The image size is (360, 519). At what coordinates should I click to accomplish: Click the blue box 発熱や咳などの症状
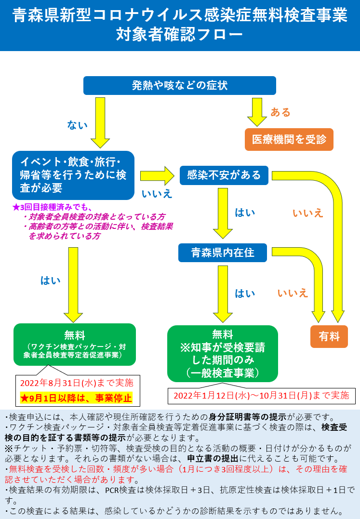coord(180,85)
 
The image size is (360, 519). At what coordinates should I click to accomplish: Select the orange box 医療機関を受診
coord(289,139)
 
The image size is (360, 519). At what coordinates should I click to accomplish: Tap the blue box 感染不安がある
coord(224,175)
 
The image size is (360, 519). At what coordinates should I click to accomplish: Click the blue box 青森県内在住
coord(223,253)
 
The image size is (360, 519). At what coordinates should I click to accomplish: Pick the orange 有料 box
coord(329,337)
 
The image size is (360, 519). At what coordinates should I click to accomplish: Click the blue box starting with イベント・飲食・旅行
coord(73,175)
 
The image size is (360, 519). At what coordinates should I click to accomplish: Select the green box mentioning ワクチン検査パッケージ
coord(75,345)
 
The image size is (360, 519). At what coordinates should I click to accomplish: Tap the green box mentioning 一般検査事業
coord(223,354)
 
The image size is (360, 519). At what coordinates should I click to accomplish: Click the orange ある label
coord(280,112)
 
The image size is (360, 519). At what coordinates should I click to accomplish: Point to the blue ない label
coord(78,125)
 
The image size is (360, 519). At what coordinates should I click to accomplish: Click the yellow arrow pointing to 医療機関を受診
coord(257,112)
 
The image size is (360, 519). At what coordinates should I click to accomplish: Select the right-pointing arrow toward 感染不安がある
coord(157,176)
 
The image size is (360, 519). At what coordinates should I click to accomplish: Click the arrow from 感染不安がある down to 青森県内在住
coord(223,213)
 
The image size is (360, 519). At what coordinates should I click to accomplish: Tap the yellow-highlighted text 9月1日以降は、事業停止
coord(76,398)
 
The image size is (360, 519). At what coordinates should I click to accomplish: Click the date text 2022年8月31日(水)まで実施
coord(77,383)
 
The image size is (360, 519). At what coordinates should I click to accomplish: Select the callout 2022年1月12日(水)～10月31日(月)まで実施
coord(261,396)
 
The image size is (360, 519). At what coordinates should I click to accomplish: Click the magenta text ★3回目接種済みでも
coord(53,207)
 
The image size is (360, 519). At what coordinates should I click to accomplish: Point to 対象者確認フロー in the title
coord(179,34)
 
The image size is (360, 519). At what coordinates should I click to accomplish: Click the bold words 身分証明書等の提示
coord(247,417)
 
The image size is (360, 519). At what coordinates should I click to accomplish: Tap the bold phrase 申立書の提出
coord(213,458)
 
